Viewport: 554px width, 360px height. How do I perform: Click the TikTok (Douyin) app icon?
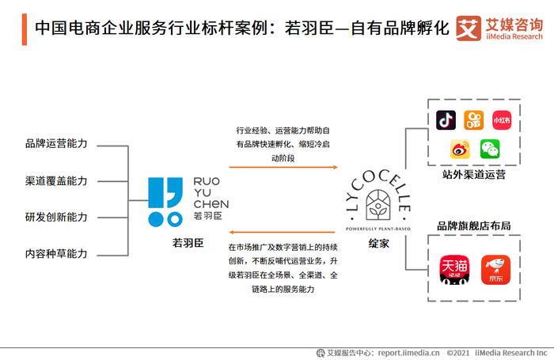click(x=446, y=120)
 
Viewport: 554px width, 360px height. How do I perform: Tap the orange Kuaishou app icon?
click(x=474, y=120)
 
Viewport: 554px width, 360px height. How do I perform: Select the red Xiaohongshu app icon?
click(x=502, y=120)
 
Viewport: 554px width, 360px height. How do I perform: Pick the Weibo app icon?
click(x=460, y=149)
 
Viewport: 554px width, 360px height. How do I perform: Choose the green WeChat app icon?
click(x=490, y=149)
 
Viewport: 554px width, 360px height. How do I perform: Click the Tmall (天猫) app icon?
click(x=455, y=270)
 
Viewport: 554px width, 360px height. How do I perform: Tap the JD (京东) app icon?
click(x=495, y=270)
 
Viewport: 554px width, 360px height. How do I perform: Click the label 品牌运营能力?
click(x=56, y=143)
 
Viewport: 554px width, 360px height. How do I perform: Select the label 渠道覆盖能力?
click(x=56, y=181)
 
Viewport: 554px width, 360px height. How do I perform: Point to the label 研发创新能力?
click(x=56, y=217)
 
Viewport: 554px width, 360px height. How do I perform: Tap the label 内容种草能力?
click(x=56, y=254)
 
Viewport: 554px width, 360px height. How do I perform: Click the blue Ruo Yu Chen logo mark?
click(x=165, y=202)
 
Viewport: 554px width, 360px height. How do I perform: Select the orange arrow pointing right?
click(x=283, y=167)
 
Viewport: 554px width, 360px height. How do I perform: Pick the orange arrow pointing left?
click(x=282, y=232)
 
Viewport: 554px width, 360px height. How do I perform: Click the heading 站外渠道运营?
click(x=474, y=175)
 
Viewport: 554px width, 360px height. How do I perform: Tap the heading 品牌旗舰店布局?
click(x=474, y=225)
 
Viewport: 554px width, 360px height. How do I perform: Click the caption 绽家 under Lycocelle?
click(x=378, y=244)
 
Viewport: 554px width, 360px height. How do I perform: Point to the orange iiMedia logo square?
click(x=469, y=28)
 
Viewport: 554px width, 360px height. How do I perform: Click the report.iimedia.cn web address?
click(x=409, y=353)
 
